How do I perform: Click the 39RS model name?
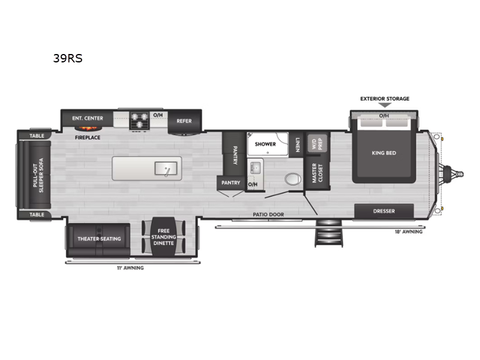(x=68, y=58)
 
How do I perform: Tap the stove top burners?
(x=139, y=121)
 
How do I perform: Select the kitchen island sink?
(x=166, y=169)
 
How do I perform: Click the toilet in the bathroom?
(x=293, y=179)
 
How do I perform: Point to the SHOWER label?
(x=265, y=144)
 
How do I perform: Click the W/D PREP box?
(x=317, y=143)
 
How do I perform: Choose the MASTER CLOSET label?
(x=317, y=173)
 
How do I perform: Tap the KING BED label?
(x=384, y=153)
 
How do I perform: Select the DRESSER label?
(x=384, y=211)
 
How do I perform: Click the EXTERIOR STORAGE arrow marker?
(x=385, y=105)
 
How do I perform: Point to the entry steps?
(x=328, y=233)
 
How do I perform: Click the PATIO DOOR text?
(x=268, y=215)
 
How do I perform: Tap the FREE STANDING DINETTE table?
(x=163, y=236)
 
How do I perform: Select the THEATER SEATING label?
(x=99, y=239)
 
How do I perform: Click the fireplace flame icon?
(x=86, y=129)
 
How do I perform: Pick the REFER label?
(x=184, y=121)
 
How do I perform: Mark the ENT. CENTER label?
(x=88, y=118)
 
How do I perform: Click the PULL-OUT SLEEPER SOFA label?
(x=38, y=175)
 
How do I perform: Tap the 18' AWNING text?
(x=409, y=232)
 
